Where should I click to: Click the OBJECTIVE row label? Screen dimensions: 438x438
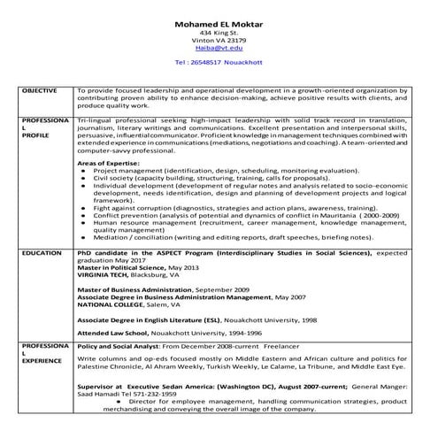[x=40, y=90]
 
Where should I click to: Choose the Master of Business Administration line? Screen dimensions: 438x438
[x=163, y=289]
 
